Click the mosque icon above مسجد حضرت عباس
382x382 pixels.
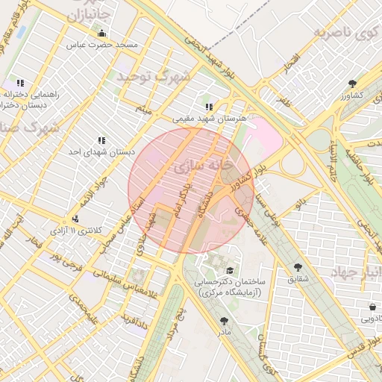(x=102, y=34)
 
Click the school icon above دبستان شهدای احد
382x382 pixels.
(x=101, y=140)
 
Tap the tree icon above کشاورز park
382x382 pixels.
(x=352, y=84)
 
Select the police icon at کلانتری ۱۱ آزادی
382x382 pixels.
(x=75, y=219)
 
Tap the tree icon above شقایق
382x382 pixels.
(x=298, y=266)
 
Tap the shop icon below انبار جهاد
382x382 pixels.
(x=372, y=307)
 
